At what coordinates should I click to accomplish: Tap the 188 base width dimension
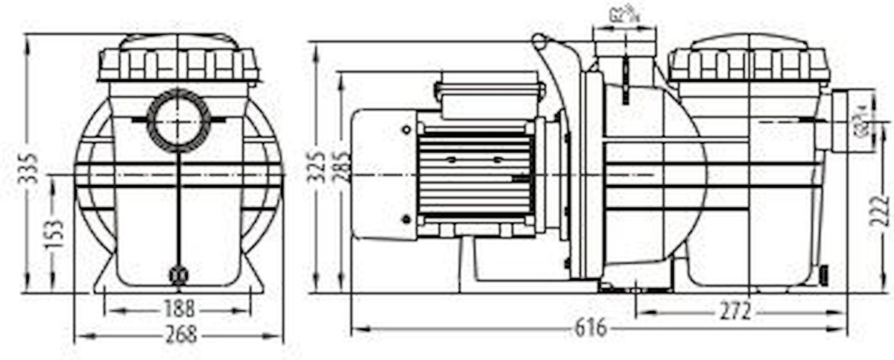pyautogui.click(x=179, y=308)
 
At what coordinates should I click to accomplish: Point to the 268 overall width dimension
pyautogui.click(x=179, y=335)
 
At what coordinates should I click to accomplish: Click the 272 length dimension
pyautogui.click(x=735, y=312)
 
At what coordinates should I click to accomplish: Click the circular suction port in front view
pyautogui.click(x=179, y=120)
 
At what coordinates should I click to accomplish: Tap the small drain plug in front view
pyautogui.click(x=178, y=275)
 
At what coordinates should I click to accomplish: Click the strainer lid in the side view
pyautogui.click(x=749, y=60)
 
